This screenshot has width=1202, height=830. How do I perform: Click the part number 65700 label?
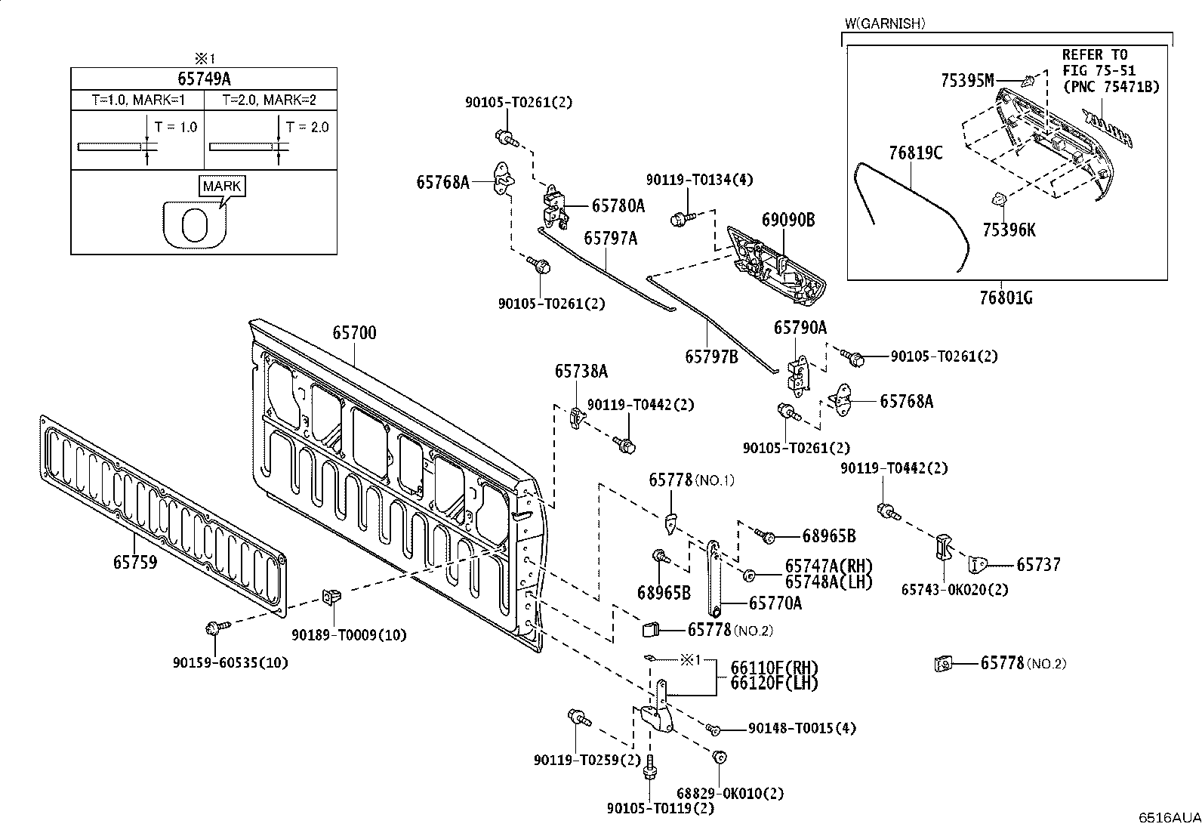click(x=354, y=333)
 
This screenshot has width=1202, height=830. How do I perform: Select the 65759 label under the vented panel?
click(x=135, y=562)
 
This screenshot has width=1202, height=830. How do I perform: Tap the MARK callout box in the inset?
click(x=222, y=186)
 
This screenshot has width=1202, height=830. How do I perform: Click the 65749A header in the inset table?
click(x=204, y=79)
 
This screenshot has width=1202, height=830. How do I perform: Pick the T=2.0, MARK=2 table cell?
click(x=270, y=100)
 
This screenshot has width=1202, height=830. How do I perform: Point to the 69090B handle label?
click(x=788, y=220)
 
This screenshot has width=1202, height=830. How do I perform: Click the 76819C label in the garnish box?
click(x=915, y=153)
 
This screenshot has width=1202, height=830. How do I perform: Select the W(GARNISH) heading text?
click(x=885, y=23)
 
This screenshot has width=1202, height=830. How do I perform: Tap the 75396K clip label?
click(x=1009, y=230)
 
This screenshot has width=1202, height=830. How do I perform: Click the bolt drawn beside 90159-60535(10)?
click(x=215, y=627)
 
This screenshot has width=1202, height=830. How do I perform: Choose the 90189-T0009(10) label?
click(x=349, y=635)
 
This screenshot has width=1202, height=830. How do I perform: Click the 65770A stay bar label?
click(x=775, y=603)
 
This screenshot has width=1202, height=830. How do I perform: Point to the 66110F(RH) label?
click(x=775, y=668)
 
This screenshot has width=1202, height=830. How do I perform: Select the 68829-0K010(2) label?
click(x=730, y=793)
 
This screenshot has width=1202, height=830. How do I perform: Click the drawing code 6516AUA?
click(x=1170, y=818)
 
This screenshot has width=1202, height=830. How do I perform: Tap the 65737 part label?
click(x=1038, y=565)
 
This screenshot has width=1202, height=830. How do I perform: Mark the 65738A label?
click(x=581, y=371)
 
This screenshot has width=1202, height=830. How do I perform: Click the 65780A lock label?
click(x=618, y=205)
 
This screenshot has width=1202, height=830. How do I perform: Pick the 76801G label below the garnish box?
click(x=1006, y=298)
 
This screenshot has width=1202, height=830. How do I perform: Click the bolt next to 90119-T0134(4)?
click(x=682, y=218)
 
